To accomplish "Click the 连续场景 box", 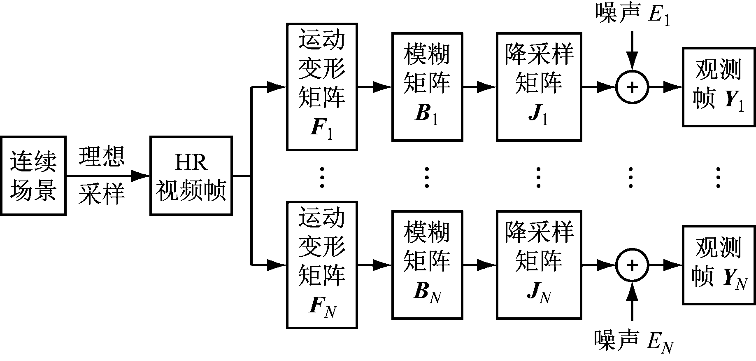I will [x=33, y=176].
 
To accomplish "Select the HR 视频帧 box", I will [x=191, y=176].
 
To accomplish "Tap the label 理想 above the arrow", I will [x=102, y=156].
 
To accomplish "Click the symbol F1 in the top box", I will [x=322, y=129].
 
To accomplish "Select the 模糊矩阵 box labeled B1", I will [x=427, y=87].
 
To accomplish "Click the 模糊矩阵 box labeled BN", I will [x=427, y=265].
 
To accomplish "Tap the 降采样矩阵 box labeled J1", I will [x=539, y=87].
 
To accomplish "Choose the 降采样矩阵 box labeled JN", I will [x=539, y=265].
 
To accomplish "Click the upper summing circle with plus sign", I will [x=632, y=87].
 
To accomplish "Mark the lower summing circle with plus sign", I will [x=632, y=265].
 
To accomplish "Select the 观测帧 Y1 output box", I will [x=719, y=87].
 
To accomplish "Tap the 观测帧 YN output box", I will [x=719, y=265].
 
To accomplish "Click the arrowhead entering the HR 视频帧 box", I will [x=141, y=176].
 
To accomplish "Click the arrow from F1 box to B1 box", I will [x=375, y=87].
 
